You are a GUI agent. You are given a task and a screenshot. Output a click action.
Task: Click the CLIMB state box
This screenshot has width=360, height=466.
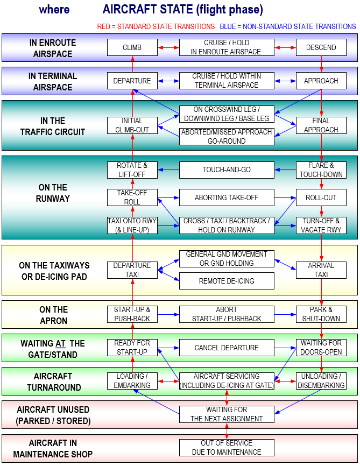point(132,47)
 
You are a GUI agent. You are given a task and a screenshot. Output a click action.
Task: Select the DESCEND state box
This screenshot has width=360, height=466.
point(321,47)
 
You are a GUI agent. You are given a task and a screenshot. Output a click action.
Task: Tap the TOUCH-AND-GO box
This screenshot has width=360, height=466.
point(227,170)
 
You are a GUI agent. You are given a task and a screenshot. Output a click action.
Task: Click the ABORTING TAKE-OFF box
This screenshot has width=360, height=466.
point(227,197)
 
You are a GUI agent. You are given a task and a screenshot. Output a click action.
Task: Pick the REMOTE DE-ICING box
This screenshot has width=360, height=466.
point(227,281)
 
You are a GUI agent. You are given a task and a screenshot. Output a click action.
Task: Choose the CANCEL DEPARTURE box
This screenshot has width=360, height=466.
point(227,348)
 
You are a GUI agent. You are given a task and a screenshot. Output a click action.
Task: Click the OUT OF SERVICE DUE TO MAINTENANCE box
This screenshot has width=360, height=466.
point(227,448)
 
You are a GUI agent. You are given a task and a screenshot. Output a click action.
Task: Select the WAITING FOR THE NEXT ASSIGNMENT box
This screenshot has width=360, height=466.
point(227,414)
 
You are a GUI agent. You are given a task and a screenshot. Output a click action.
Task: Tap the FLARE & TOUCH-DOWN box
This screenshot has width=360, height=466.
point(321,170)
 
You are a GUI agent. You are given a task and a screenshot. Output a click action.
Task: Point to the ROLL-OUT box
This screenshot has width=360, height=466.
point(321,197)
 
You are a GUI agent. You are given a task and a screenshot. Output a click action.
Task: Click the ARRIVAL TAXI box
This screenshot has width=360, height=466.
point(321,270)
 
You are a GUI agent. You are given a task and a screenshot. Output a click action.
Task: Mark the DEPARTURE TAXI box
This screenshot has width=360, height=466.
point(132,270)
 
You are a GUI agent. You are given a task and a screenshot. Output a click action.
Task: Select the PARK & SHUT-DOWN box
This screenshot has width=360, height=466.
point(321,314)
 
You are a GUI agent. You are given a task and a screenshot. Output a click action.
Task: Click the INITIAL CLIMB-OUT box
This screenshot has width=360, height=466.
point(132,125)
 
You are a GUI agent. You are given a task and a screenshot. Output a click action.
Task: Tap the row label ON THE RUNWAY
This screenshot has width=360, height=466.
point(53,193)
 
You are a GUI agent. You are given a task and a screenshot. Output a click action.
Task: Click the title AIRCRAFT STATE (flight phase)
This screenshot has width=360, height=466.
point(182,10)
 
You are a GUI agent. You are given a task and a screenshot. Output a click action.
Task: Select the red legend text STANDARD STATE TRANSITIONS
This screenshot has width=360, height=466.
point(156,26)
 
